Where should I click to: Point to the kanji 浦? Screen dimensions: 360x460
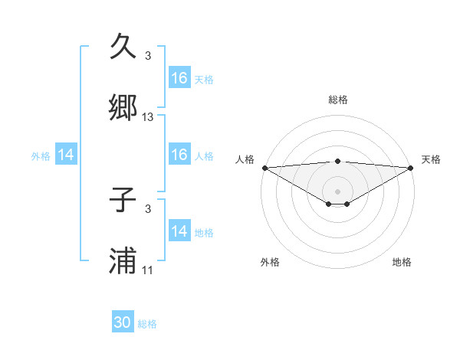(123, 261)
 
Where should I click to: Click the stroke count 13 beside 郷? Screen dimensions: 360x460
(148, 117)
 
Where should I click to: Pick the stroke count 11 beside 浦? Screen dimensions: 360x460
(148, 270)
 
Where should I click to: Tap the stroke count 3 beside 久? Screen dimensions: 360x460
(148, 56)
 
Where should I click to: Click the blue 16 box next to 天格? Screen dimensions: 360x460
(179, 78)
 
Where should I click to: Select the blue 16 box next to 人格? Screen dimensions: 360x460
(179, 155)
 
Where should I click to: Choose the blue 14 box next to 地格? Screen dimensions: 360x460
(179, 231)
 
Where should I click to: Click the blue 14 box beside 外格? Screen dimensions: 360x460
(66, 155)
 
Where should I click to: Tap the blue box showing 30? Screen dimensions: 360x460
(123, 323)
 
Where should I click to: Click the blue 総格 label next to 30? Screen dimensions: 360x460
(148, 324)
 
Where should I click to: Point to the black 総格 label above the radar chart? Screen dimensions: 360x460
(338, 100)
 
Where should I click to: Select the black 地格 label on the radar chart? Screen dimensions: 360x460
(402, 262)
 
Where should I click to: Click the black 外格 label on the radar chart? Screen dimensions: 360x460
(270, 262)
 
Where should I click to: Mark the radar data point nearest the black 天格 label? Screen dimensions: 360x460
(411, 168)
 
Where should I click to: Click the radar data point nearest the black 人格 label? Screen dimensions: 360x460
(264, 168)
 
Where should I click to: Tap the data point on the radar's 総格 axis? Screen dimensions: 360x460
(338, 161)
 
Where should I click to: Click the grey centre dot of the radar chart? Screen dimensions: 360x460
(338, 191)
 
